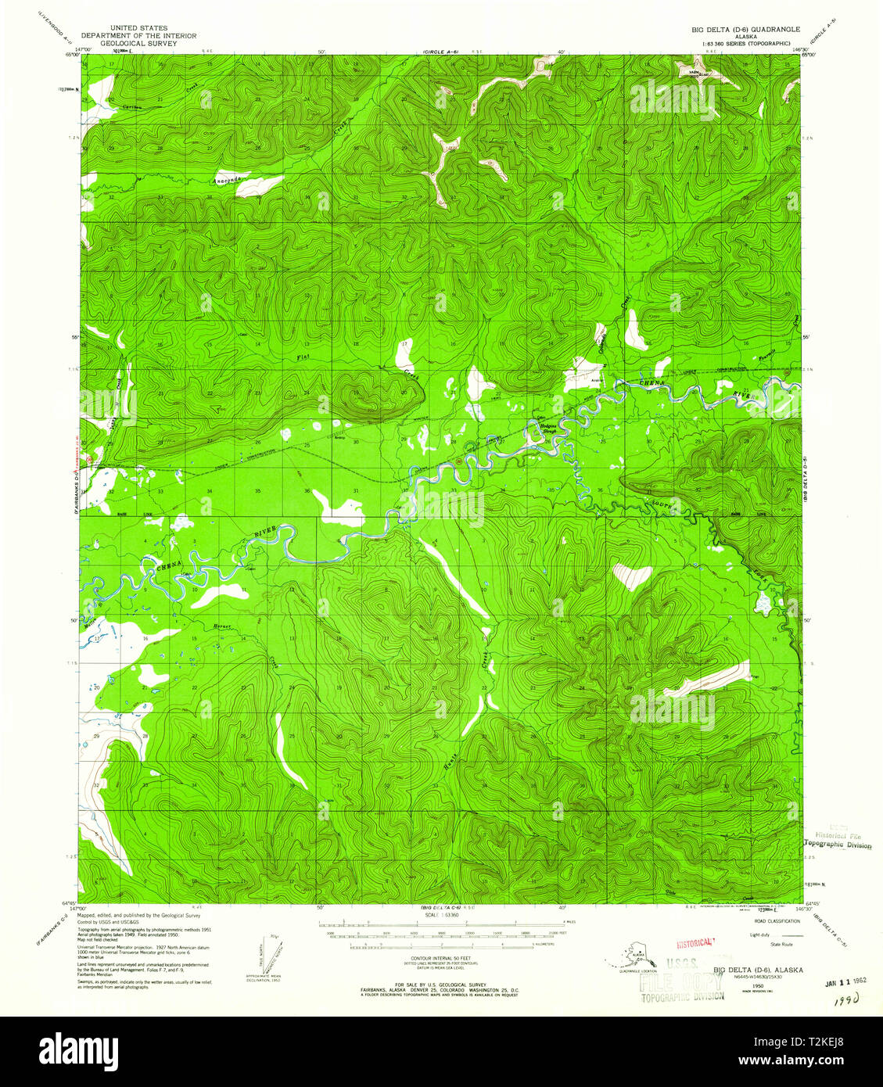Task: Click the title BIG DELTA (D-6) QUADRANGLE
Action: tap(745, 29)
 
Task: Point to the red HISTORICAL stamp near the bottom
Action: tap(696, 942)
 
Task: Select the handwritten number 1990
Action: tap(843, 999)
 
